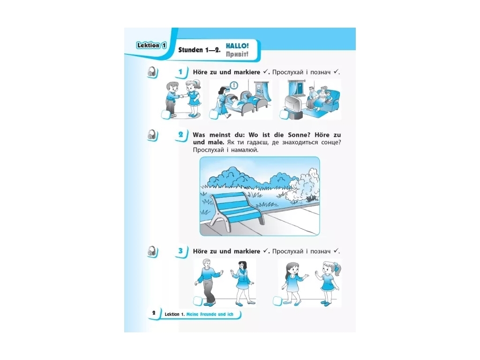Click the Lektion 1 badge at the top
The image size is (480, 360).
point(151,45)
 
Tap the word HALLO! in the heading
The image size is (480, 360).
point(237,46)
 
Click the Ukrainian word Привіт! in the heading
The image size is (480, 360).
point(237,54)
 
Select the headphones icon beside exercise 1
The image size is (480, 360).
point(152,72)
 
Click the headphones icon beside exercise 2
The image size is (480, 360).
point(152,135)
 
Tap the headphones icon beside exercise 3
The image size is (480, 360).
point(152,252)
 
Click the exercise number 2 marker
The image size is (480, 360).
point(181,135)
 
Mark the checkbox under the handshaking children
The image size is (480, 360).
point(165,114)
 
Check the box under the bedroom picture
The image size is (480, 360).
point(213,114)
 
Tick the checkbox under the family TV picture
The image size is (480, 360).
point(284,114)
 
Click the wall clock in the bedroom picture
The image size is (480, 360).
point(234,85)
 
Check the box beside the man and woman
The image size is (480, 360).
point(198,300)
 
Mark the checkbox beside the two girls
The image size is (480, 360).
point(277,300)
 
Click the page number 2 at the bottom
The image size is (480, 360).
point(154,313)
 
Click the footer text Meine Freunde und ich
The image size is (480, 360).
point(210,314)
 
